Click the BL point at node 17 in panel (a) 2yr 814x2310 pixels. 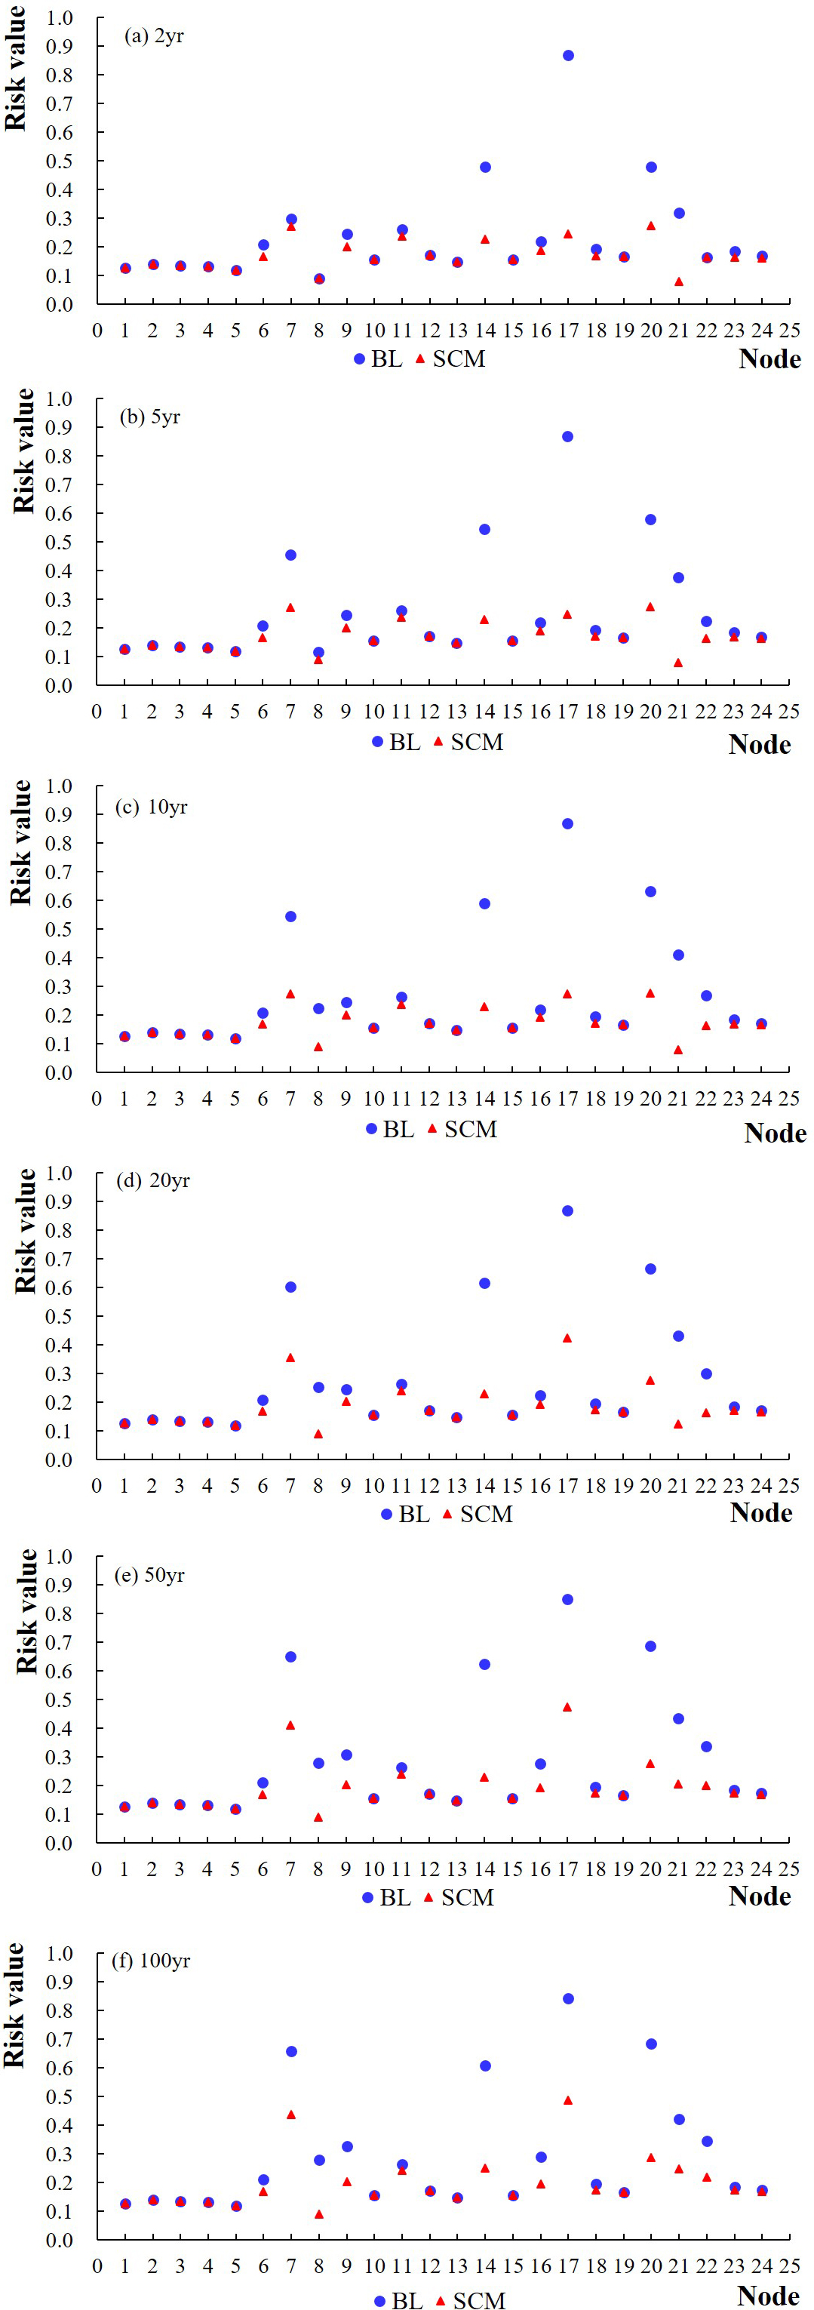pos(568,56)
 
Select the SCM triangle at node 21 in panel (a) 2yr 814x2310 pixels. pos(679,281)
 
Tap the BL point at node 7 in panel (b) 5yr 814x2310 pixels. pos(290,555)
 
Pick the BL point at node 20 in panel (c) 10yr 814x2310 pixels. pos(651,891)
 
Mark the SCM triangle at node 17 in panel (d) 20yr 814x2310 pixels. pos(567,1338)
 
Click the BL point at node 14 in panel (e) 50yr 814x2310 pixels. pos(485,1664)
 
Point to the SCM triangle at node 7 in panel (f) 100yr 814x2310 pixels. pos(291,2115)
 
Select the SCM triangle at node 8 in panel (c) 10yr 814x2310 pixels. pos(318,1047)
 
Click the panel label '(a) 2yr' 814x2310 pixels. pos(154,37)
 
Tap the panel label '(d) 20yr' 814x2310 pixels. pos(153,1180)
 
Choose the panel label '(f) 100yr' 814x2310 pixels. pos(151,1961)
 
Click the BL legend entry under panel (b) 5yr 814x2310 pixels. pos(395,742)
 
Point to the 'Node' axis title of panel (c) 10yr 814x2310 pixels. pos(775,1133)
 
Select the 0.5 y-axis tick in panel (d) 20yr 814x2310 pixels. pos(59,1316)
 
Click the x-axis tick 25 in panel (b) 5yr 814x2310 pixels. pos(789,711)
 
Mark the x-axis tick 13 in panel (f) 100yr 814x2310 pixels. pos(457,2266)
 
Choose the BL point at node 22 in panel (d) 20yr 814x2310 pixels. pos(706,1373)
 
